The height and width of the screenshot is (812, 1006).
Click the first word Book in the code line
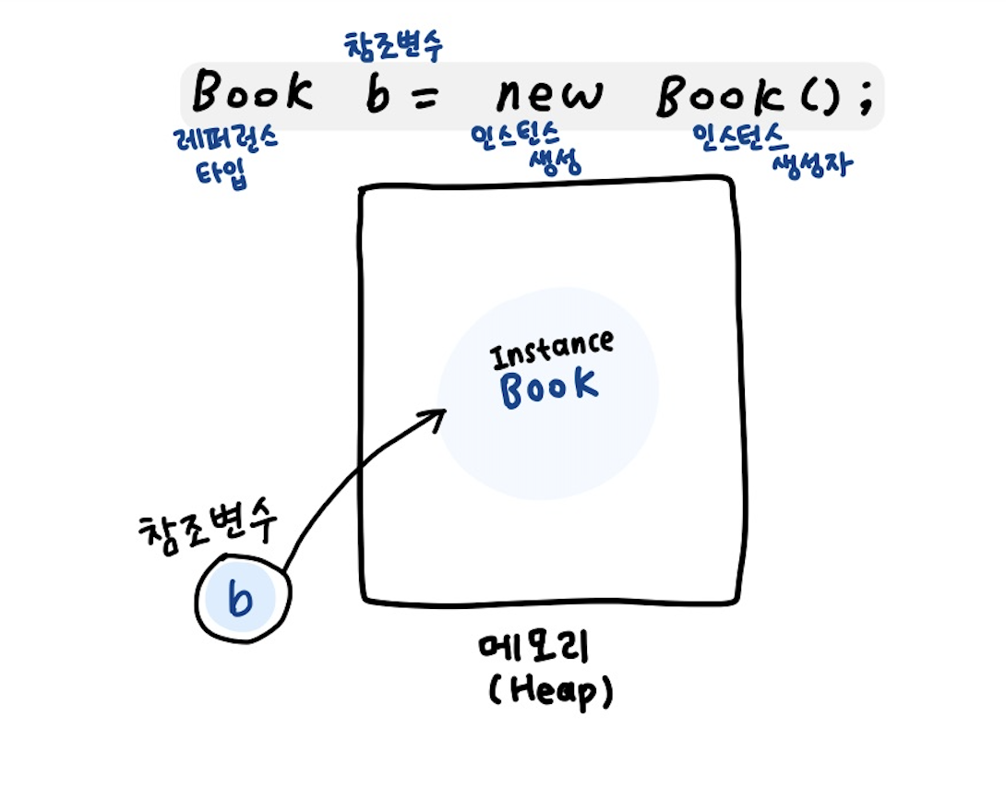pos(251,92)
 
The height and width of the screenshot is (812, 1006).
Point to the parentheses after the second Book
pos(816,96)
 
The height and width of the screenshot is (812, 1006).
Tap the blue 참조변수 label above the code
pos(393,44)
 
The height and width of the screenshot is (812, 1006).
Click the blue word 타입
pos(222,173)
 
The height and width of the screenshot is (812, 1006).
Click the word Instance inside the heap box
pos(552,350)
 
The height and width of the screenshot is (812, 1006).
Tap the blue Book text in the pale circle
pos(548,388)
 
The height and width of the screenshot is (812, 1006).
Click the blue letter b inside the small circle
pos(240,600)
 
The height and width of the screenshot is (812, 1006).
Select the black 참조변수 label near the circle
pos(209,531)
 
